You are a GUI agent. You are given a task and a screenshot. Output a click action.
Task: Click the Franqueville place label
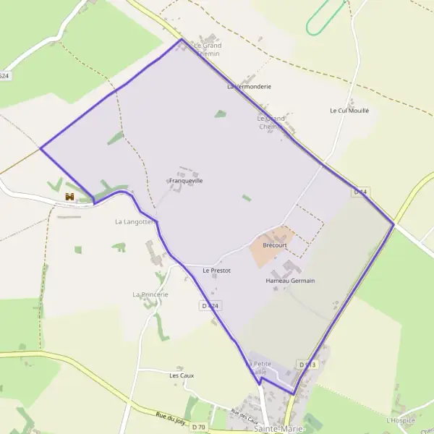coord(185,180)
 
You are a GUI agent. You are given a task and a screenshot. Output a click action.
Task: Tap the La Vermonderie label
coord(249,86)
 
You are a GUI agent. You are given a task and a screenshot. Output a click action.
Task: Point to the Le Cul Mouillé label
coord(349,111)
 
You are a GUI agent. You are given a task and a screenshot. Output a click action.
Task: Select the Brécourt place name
coord(275,245)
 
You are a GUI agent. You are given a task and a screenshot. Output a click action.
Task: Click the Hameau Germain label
coord(290,280)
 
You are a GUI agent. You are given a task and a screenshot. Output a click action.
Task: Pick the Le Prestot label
coord(216,271)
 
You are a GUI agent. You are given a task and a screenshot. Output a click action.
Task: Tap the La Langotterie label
coord(135,221)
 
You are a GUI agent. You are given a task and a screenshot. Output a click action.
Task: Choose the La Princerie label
coord(150,294)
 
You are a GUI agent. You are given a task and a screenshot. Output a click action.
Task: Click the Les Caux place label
coord(182,375)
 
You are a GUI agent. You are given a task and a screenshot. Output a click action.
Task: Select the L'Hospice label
coord(401,420)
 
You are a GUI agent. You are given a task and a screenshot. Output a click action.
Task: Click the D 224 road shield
coord(209,306)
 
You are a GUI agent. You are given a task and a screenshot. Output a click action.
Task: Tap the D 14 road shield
coord(361,192)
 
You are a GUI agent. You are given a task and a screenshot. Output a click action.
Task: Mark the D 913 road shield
coord(307,364)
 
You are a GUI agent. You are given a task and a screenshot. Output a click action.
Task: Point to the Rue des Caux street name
coord(244,417)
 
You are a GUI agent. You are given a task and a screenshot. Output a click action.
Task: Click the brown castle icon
coord(70,197)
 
